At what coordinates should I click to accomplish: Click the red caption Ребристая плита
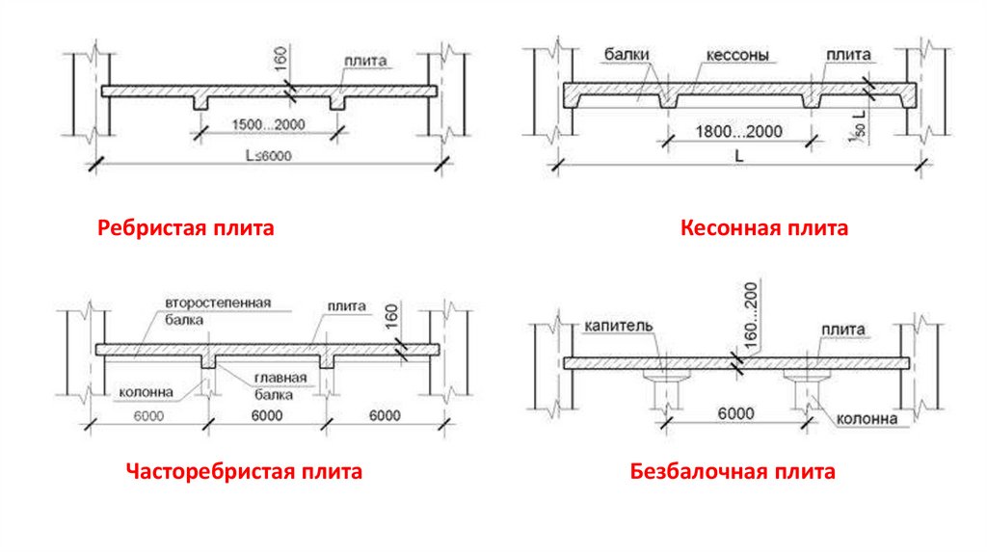tap(185, 228)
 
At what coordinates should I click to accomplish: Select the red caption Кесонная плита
tap(764, 228)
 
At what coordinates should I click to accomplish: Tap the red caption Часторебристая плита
tap(244, 472)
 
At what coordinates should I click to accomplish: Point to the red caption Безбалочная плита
tap(733, 472)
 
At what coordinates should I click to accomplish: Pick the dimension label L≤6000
tap(267, 156)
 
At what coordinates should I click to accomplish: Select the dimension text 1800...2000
tap(739, 131)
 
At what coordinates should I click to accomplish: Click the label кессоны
tap(735, 55)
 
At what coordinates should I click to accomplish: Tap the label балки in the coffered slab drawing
tap(627, 55)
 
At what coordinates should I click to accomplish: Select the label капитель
tap(619, 326)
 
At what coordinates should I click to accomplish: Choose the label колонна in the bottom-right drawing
tap(867, 419)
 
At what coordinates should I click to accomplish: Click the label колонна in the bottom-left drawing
tap(147, 392)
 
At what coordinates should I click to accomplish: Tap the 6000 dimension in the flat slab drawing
tap(734, 412)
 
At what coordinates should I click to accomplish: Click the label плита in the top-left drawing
tap(365, 61)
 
